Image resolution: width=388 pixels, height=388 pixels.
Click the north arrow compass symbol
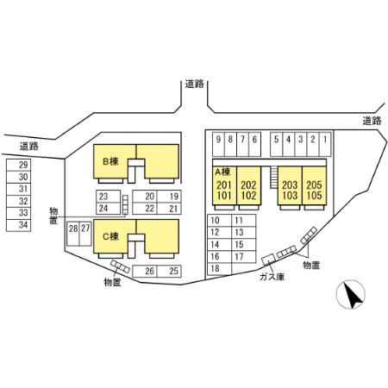click(351, 295)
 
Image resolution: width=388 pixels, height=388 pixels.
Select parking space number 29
click(19, 165)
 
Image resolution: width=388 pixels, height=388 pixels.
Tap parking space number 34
click(19, 225)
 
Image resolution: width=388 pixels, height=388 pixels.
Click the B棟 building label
click(110, 161)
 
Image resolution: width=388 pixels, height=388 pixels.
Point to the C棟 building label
click(110, 236)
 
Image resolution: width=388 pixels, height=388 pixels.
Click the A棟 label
click(222, 172)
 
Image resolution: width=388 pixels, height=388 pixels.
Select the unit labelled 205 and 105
click(314, 185)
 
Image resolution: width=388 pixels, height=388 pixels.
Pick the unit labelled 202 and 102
click(249, 185)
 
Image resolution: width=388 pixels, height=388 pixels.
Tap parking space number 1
click(325, 144)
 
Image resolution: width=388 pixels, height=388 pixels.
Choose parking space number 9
click(218, 144)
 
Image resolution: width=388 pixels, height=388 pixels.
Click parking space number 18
click(220, 269)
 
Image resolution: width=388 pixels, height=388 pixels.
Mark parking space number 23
click(108, 197)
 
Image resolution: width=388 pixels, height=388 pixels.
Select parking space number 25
click(169, 271)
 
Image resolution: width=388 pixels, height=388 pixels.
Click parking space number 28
click(73, 234)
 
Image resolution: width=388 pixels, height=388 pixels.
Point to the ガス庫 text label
click(272, 277)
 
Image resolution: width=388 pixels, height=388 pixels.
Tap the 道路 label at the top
click(195, 84)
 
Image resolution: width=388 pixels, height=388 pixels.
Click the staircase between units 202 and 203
click(272, 178)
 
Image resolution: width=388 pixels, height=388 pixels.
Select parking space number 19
click(169, 197)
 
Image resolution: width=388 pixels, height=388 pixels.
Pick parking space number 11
click(244, 221)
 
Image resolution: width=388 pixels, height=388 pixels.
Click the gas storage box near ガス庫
click(269, 260)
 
